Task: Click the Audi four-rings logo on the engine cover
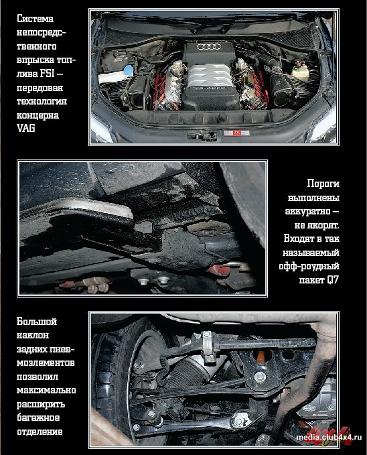coord(209,46)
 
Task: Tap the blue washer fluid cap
coord(128,70)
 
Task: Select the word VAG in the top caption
coord(26,128)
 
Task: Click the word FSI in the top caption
coord(47,73)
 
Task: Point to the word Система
coord(35,19)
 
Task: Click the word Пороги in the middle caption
coord(323,184)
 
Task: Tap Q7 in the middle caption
coord(332,280)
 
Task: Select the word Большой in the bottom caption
coord(37,322)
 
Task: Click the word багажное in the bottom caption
coord(38,417)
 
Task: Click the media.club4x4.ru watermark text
coord(329,438)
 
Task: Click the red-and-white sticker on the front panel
coord(236,133)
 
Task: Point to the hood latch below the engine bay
coord(202,136)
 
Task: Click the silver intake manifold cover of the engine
coord(210,76)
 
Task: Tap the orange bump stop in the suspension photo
coord(261,356)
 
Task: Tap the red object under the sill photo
coord(220,269)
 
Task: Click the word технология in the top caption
coord(42,101)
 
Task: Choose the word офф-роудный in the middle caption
coord(309,267)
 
